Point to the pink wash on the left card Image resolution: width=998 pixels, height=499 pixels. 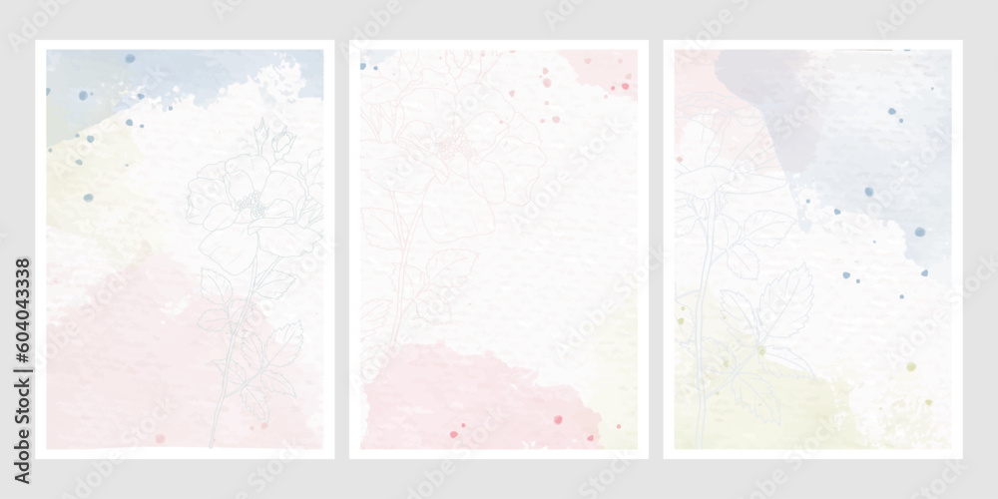120,349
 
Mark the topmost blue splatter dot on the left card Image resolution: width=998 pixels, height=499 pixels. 130,59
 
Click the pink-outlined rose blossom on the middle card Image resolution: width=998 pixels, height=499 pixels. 454,150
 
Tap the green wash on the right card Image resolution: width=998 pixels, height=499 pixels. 758,399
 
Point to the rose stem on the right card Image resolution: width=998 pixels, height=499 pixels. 703,329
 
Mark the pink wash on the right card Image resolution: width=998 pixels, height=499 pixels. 694,90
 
